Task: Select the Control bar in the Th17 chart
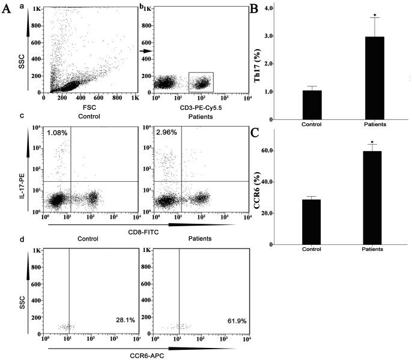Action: pyautogui.click(x=312, y=105)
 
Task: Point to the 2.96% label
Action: pyautogui.click(x=166, y=133)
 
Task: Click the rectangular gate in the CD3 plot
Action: pyautogui.click(x=201, y=82)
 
